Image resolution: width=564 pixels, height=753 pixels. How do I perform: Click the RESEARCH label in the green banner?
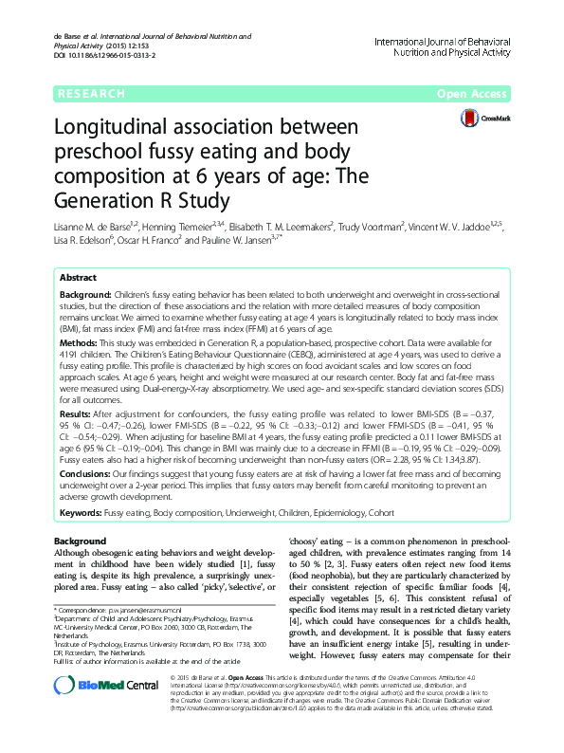click(x=90, y=94)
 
